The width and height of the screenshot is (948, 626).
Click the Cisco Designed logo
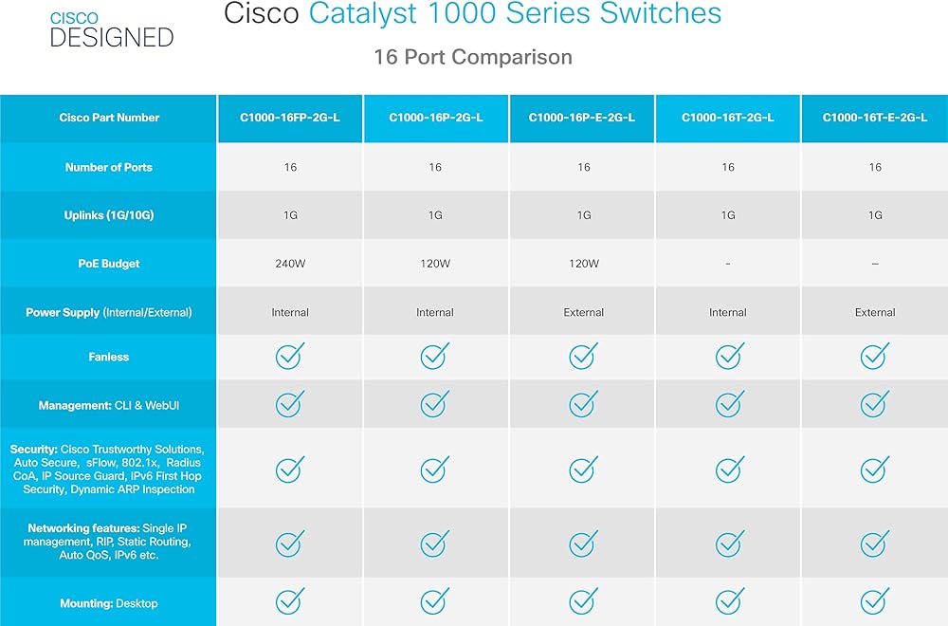click(x=112, y=29)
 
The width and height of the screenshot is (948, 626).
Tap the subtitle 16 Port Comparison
click(x=473, y=57)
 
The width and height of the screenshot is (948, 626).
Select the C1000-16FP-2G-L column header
click(x=290, y=118)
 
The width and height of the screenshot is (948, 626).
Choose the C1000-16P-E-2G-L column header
click(x=582, y=118)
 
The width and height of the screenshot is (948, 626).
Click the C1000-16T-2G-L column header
click(x=728, y=118)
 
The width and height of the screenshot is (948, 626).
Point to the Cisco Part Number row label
click(x=109, y=118)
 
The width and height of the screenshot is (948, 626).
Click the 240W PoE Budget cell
click(x=290, y=264)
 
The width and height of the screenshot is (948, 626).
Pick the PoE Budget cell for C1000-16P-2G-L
click(x=435, y=264)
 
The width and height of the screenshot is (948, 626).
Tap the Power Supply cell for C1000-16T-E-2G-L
click(x=875, y=313)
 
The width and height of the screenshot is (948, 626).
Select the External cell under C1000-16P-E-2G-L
click(x=583, y=313)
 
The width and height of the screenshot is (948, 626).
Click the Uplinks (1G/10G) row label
click(x=109, y=215)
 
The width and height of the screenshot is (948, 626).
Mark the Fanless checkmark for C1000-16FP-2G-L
click(x=290, y=356)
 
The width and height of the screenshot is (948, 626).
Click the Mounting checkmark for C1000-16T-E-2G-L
click(x=875, y=600)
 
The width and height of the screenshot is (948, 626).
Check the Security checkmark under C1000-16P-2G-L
click(x=435, y=469)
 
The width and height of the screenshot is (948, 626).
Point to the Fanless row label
click(x=109, y=357)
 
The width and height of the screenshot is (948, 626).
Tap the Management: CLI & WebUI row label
click(x=109, y=405)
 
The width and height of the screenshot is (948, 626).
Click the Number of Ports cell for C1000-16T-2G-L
click(x=728, y=167)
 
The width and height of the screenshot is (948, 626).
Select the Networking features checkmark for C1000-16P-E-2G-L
click(x=583, y=543)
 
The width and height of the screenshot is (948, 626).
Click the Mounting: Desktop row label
click(x=109, y=603)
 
